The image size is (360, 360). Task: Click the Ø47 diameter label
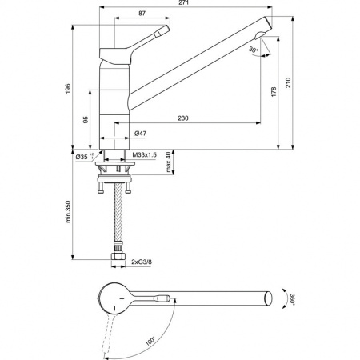[140, 133]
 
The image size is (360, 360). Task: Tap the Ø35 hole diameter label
[82, 157]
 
